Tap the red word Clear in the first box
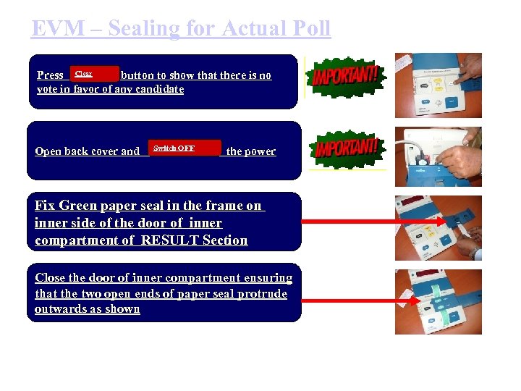pos(84,74)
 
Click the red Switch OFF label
pos(174,148)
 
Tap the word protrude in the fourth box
pos(258,294)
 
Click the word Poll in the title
pos(306,29)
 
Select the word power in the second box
pos(260,151)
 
